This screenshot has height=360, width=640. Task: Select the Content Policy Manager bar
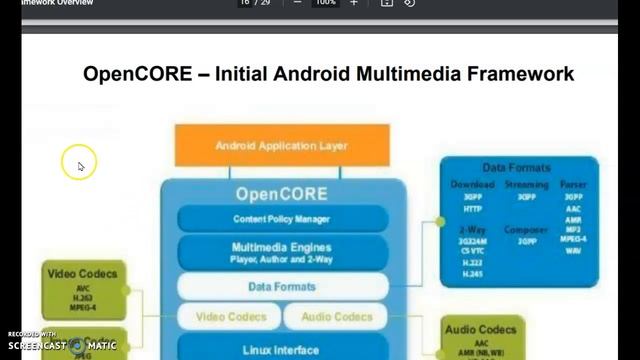(x=282, y=218)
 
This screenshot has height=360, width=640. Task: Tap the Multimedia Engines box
(x=282, y=251)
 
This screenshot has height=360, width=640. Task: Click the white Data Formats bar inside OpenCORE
(x=282, y=287)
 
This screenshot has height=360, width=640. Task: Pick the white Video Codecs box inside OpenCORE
(x=231, y=317)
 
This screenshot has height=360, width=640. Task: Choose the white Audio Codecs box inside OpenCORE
(x=339, y=317)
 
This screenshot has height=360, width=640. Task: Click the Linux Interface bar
(x=282, y=349)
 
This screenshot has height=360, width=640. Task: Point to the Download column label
(x=473, y=185)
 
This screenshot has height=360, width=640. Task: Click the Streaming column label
(x=526, y=185)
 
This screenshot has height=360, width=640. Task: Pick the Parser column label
(x=574, y=185)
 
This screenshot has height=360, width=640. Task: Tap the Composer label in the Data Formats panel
(x=526, y=229)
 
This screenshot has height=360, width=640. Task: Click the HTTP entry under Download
(x=473, y=209)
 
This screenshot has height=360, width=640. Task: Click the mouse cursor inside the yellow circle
(x=80, y=166)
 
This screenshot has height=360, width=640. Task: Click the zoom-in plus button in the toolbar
(x=353, y=4)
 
